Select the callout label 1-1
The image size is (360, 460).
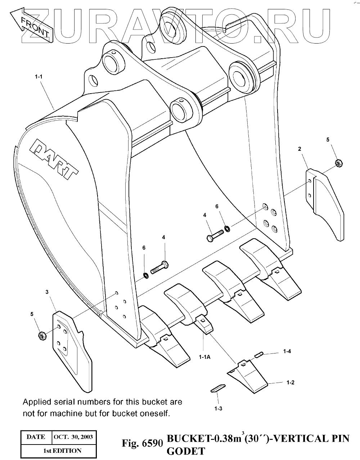(39, 77)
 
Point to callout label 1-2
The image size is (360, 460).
(290, 383)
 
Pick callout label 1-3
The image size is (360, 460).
(218, 409)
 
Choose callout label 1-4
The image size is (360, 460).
(287, 351)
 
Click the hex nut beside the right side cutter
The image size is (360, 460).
(338, 163)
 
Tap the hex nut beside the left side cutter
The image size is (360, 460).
(41, 336)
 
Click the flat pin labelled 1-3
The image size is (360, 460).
(217, 388)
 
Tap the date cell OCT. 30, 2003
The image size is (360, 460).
(73, 437)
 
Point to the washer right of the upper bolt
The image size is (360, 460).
(228, 228)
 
